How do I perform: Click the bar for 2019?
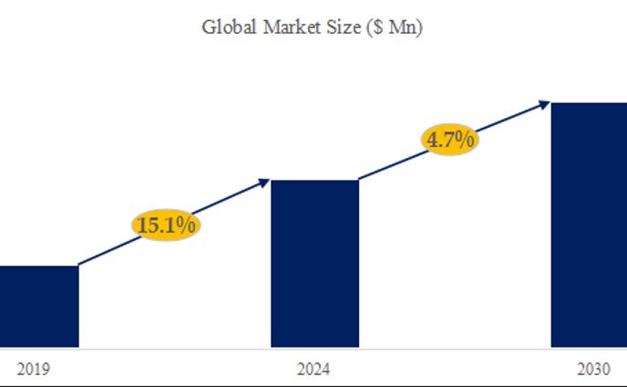click(x=38, y=307)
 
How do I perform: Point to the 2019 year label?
click(x=34, y=370)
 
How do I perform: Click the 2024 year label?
click(x=314, y=370)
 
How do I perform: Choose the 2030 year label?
click(x=593, y=370)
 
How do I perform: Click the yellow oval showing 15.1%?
click(x=166, y=225)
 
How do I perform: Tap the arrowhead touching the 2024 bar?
click(x=265, y=182)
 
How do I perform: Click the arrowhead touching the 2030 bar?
click(x=544, y=104)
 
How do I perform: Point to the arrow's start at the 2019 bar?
click(x=80, y=265)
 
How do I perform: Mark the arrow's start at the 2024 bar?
click(x=360, y=179)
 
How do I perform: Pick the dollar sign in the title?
click(x=377, y=27)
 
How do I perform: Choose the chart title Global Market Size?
click(x=313, y=27)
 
